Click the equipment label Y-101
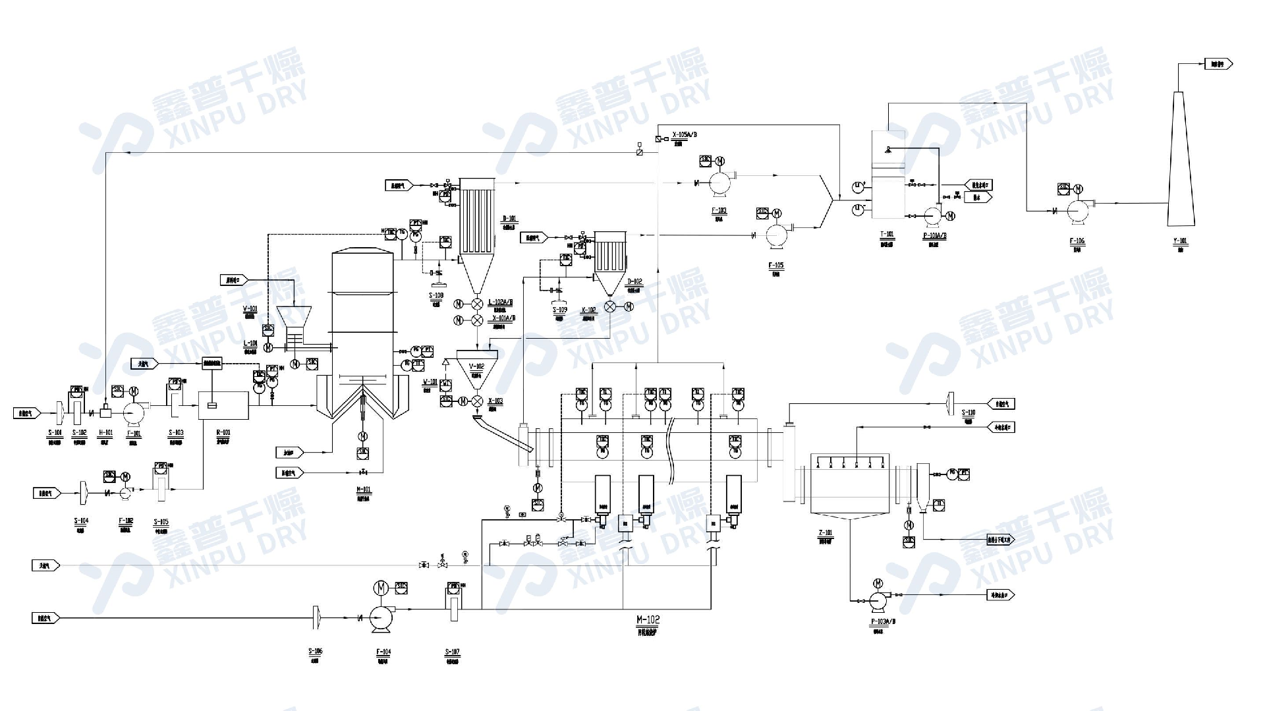[x=1180, y=241]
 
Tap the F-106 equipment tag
[x=1077, y=241]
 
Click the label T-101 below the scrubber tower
[x=887, y=234]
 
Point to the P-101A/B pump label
[x=934, y=236]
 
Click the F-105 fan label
[x=775, y=266]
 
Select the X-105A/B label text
[x=685, y=135]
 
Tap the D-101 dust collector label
[x=509, y=219]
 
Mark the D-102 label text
[x=634, y=282]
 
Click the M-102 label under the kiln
[x=648, y=620]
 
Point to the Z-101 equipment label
[x=825, y=532]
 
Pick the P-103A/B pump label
[x=883, y=621]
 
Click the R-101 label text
[x=223, y=433]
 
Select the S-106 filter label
[x=315, y=652]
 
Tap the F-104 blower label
[x=383, y=652]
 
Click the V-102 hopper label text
[x=476, y=366]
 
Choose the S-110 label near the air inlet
[x=968, y=413]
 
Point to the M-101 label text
[x=363, y=490]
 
